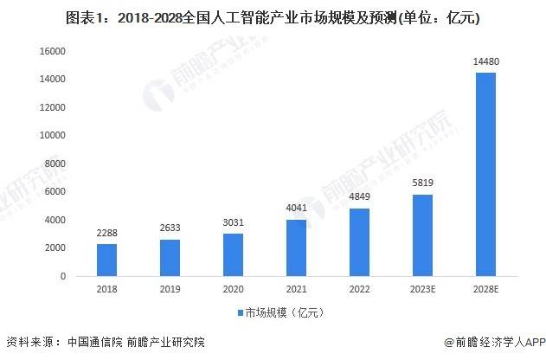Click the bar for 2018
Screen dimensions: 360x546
[x=106, y=260]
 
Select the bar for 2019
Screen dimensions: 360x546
[x=170, y=257]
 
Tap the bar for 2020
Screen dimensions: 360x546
[x=233, y=254]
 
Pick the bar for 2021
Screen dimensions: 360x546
[x=296, y=247]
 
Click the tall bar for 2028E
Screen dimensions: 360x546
[x=485, y=174]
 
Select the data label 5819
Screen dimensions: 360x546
[x=422, y=183]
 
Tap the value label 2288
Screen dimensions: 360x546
[x=106, y=233]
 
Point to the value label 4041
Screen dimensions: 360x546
[x=296, y=209]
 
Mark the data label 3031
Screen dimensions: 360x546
[x=233, y=222]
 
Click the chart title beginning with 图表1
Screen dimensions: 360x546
[x=273, y=16]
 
